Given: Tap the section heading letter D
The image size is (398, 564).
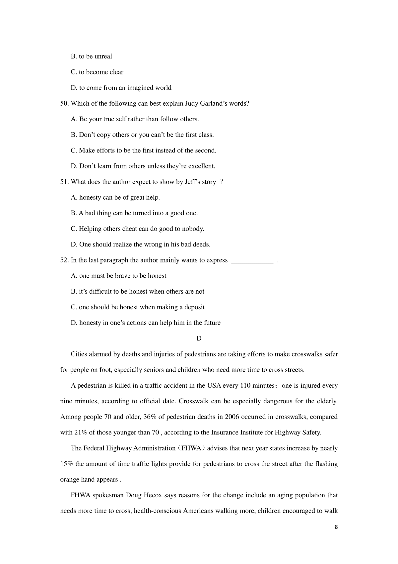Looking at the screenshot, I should coord(199,338).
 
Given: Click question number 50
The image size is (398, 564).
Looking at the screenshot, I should coord(64,104).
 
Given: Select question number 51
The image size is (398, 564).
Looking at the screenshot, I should coord(64,182).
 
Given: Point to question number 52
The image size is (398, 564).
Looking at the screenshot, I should coord(64,260).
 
